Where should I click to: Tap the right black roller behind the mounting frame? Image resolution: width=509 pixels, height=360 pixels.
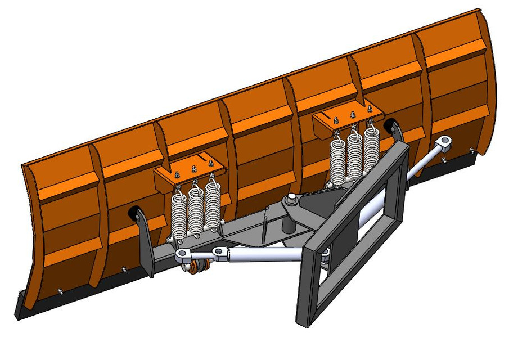click(x=390, y=126)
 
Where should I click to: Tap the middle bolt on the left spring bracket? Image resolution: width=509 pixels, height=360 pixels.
click(x=194, y=169)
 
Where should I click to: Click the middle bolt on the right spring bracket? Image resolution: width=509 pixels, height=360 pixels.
click(x=353, y=114)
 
